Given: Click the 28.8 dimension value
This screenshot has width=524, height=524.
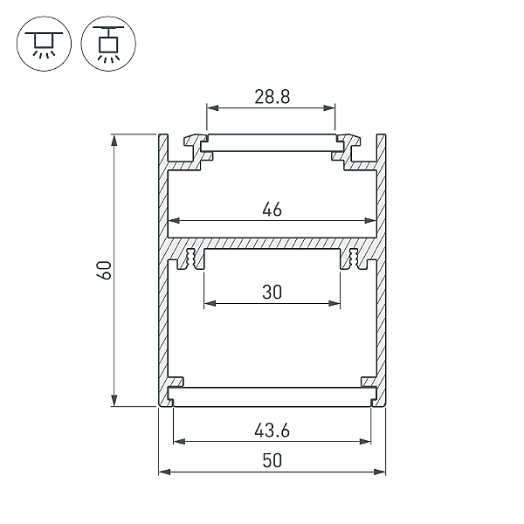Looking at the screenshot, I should click(271, 96).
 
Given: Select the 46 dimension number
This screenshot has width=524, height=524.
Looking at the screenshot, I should click(271, 209).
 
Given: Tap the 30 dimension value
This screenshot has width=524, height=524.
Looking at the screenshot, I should click(271, 293).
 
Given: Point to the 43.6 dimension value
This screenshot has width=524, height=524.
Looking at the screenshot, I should click(271, 430).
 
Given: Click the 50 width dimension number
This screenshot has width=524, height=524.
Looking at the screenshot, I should click(271, 461).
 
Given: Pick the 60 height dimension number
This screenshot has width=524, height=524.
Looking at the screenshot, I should click(104, 270).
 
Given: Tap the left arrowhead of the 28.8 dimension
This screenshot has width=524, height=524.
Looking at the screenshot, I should click(210, 108).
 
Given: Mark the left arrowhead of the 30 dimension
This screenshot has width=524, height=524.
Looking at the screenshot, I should click(208, 305).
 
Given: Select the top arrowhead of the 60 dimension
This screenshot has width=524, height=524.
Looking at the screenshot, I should click(115, 138).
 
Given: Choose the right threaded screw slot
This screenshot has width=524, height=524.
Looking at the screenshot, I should click(354, 259).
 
